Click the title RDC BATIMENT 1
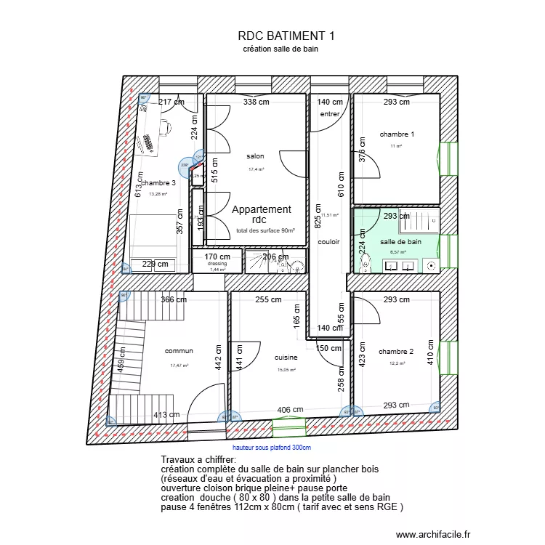tap(286, 35)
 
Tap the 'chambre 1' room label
tap(397, 134)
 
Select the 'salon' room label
tap(255, 156)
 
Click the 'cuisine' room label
tap(286, 358)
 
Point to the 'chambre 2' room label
tap(396, 351)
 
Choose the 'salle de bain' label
tap(400, 241)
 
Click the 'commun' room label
tap(179, 351)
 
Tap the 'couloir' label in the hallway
tap(328, 242)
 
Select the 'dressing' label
tap(217, 264)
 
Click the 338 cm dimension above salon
tap(256, 102)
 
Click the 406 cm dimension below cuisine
tap(290, 411)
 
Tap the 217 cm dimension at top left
tap(171, 102)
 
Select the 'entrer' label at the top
tap(329, 114)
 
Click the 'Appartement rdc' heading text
tap(261, 214)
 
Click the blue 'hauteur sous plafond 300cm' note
tap(272, 448)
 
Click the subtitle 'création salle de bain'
tap(281, 49)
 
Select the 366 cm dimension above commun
tap(174, 299)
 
